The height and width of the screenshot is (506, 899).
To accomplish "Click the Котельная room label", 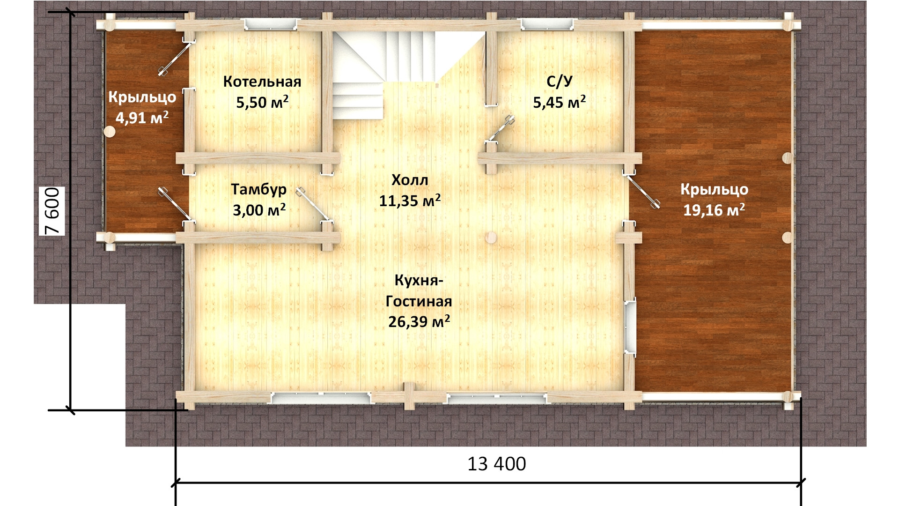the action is [262, 82].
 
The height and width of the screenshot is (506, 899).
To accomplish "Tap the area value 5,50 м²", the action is [262, 102].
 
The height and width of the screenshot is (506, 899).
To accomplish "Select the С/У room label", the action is [559, 82].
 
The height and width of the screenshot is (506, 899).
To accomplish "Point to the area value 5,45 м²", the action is [559, 102].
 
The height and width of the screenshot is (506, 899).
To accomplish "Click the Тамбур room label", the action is [258, 190].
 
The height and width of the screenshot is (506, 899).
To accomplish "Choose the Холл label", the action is [410, 180].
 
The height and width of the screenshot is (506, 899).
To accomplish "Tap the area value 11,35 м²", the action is [410, 201].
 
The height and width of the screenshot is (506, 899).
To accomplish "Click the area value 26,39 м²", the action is [419, 321].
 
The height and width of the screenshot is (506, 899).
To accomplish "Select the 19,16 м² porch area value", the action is [714, 210].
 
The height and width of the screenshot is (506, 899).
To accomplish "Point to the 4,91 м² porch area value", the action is [142, 118].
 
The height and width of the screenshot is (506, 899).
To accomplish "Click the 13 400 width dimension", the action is [497, 464].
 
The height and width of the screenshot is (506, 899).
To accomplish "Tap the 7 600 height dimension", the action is [52, 211].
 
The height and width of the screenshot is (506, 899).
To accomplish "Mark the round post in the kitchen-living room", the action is [491, 238].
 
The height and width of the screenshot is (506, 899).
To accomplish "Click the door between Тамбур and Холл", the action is [313, 204].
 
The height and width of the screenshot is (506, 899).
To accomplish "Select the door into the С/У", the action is [501, 128].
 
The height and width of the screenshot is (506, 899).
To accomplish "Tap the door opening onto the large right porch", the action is [642, 191].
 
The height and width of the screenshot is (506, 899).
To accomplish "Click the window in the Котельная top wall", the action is [269, 24].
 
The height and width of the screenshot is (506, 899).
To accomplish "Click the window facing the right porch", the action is [630, 327].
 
